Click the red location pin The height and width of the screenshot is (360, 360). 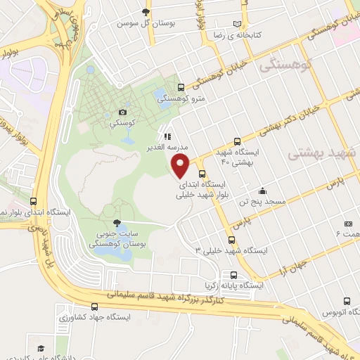(x=181, y=167)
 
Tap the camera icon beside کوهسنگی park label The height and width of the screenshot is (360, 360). (x=123, y=112)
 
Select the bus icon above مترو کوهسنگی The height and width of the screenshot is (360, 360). (x=182, y=88)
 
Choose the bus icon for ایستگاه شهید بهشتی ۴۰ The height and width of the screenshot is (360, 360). (x=237, y=141)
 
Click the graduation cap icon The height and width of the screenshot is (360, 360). (x=41, y=349)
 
